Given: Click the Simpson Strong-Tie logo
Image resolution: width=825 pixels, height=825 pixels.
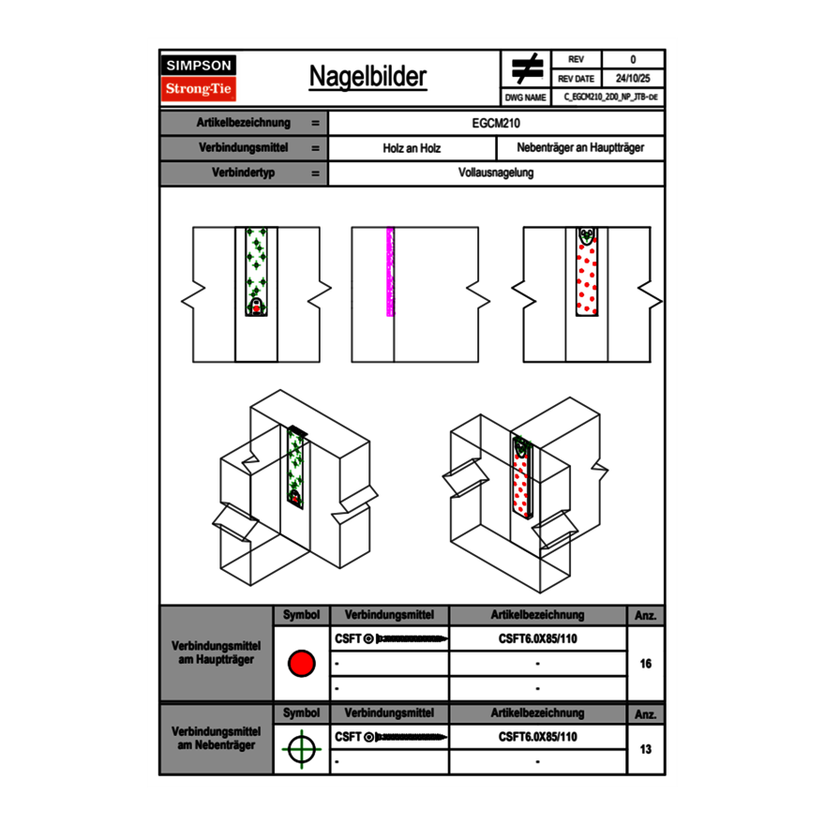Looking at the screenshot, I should (x=200, y=78).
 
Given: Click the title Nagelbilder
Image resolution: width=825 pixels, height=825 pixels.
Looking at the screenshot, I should (x=367, y=77).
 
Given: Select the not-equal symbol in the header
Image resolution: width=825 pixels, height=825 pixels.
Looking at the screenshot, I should (x=527, y=68).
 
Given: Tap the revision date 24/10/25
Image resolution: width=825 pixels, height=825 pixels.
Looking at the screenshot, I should (x=633, y=79).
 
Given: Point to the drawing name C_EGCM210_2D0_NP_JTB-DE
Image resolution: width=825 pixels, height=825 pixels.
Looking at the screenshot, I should (x=609, y=97).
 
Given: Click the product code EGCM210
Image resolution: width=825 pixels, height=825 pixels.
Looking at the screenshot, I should (x=497, y=123).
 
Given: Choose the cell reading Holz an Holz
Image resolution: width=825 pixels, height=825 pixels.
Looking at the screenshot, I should (x=412, y=148).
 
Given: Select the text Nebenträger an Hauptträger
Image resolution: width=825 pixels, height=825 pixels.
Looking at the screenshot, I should (x=580, y=148).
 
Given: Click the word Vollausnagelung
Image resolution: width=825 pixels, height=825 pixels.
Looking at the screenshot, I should (x=497, y=173).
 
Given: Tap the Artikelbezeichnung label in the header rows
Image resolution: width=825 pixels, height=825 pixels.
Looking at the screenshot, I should (x=244, y=123).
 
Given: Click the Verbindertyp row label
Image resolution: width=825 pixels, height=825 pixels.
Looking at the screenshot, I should (x=244, y=173).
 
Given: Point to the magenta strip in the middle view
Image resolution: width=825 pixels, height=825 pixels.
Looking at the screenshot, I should (x=390, y=272).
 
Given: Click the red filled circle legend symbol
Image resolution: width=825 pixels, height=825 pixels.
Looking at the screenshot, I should (x=301, y=664).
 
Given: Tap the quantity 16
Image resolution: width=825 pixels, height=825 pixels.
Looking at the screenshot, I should (x=645, y=664).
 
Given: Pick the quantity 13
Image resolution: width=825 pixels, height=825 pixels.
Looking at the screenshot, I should (x=645, y=749).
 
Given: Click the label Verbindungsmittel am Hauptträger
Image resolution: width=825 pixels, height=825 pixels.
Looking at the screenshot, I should (x=216, y=653).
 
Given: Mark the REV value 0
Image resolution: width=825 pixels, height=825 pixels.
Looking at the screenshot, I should (x=633, y=59).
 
